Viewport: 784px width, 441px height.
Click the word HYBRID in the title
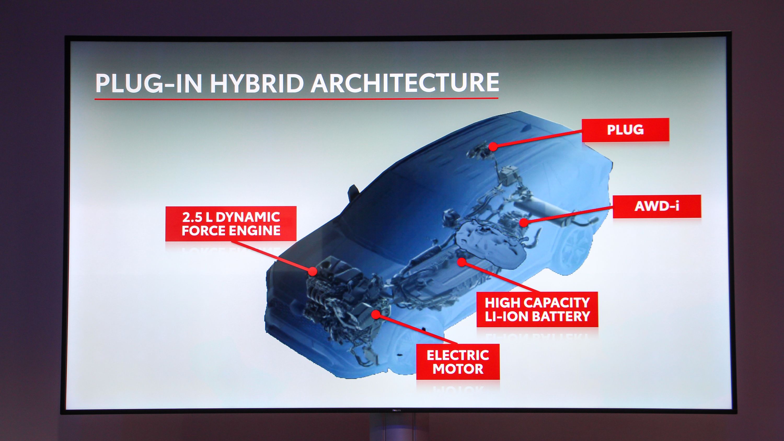click(x=257, y=83)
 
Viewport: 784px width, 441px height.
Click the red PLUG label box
click(x=625, y=130)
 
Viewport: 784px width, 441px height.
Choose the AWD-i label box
click(x=657, y=206)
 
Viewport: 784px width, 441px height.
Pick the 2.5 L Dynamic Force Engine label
click(x=231, y=224)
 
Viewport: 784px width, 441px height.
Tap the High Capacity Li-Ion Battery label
click(x=537, y=310)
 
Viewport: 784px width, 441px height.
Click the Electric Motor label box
click(x=458, y=362)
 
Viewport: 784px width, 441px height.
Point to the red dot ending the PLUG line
click(x=493, y=146)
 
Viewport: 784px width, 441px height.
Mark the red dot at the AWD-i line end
click(x=523, y=223)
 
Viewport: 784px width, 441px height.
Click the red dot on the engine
click(x=312, y=271)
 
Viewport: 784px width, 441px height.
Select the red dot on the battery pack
click(x=462, y=262)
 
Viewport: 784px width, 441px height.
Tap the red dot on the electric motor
click(x=376, y=314)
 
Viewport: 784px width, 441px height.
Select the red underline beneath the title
click(x=296, y=98)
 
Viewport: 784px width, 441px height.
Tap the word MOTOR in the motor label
click(x=458, y=369)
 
